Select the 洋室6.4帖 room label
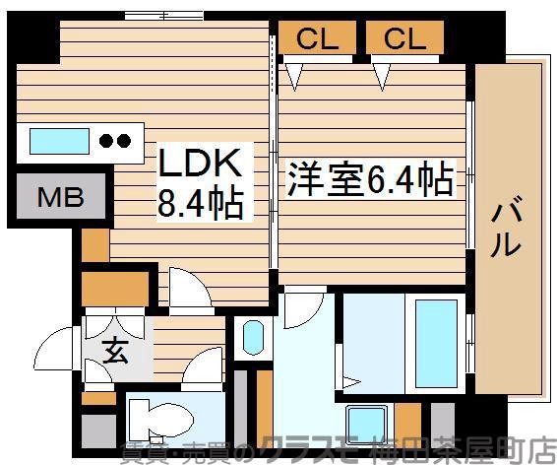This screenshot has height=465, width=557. pyautogui.click(x=370, y=180)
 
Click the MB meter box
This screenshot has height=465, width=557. pyautogui.click(x=61, y=198)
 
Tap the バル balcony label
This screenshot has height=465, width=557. pyautogui.click(x=507, y=228)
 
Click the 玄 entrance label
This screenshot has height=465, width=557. pyautogui.click(x=115, y=351)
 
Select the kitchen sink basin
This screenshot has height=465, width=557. pyautogui.click(x=59, y=141)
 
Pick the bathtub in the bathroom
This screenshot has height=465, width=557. pyautogui.click(x=434, y=341)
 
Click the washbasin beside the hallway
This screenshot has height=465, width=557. pyautogui.click(x=251, y=338)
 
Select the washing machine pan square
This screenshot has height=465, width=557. pyautogui.click(x=361, y=421)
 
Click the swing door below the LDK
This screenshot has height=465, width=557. pyautogui.click(x=182, y=286)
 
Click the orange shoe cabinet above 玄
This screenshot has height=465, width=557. pyautogui.click(x=114, y=289)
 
